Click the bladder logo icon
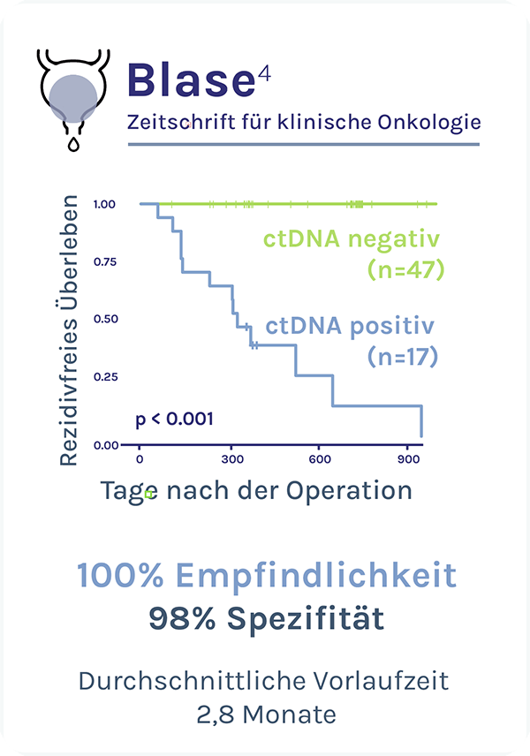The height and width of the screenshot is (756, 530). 73,92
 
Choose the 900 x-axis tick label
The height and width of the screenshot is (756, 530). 407,460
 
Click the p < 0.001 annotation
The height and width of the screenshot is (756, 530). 174,418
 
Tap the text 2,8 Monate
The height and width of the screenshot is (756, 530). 264,714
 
